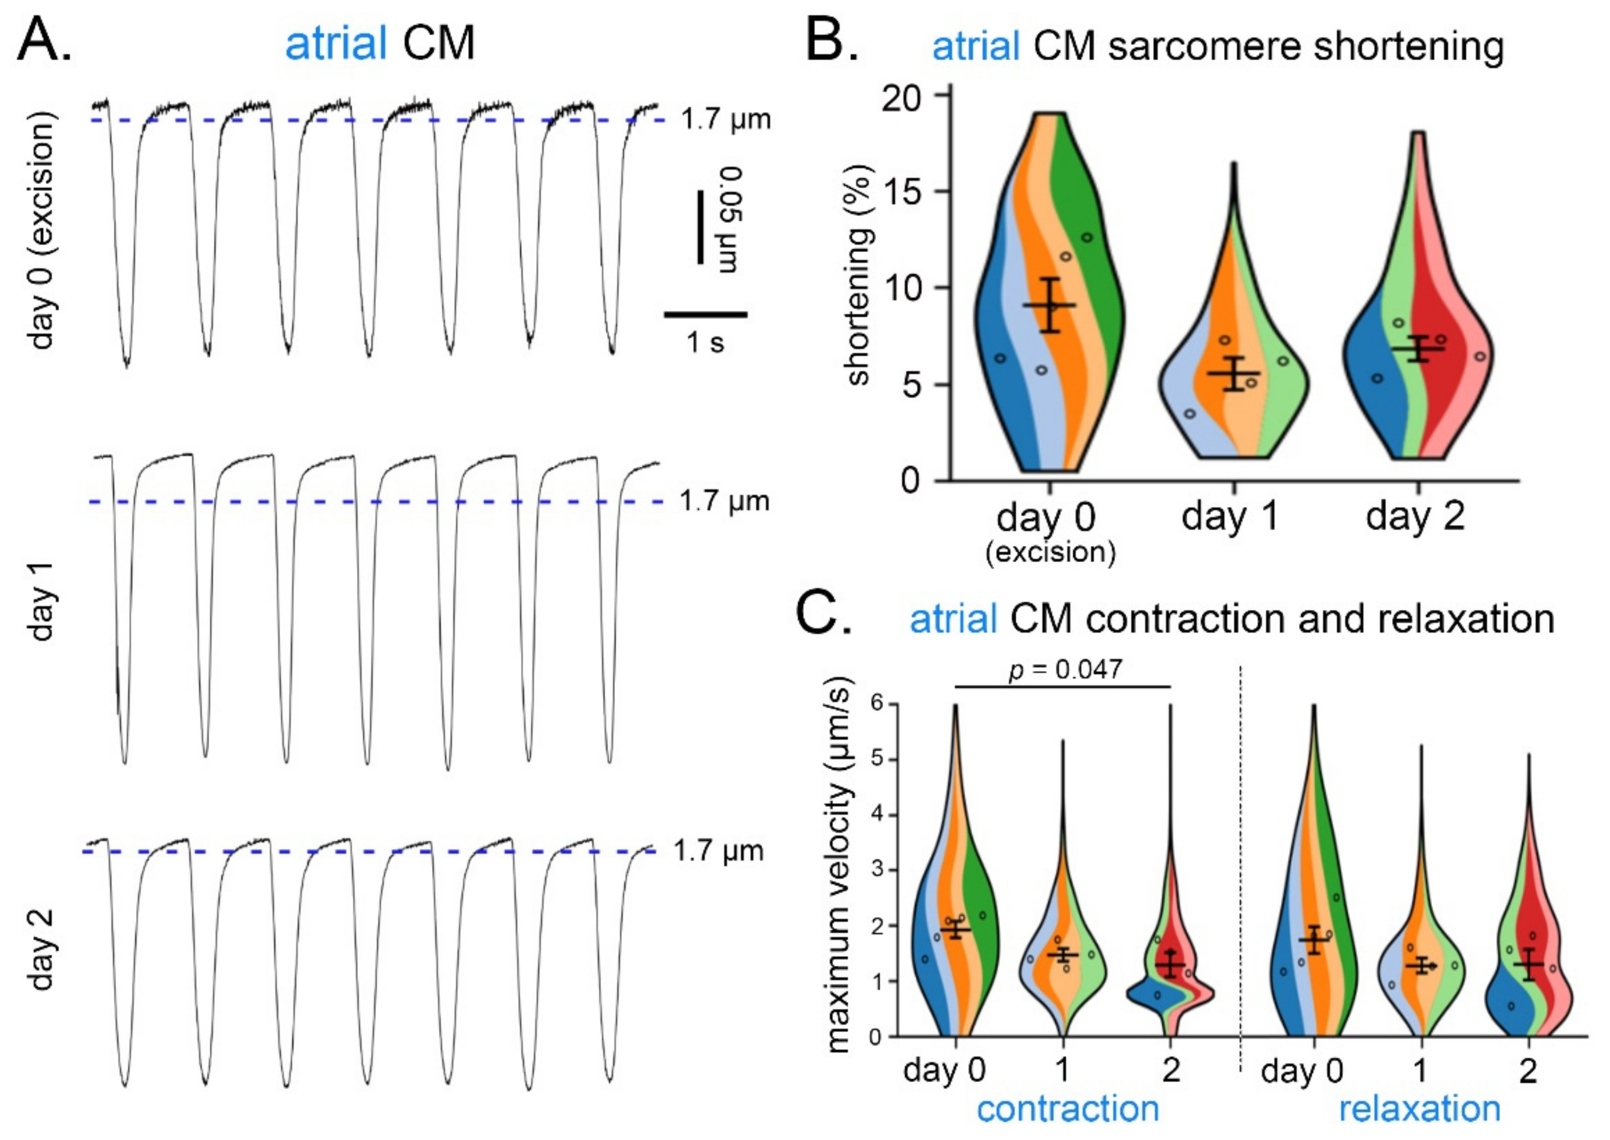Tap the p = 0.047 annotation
pos(1065,669)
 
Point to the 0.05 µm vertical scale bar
pos(700,226)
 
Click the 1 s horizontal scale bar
pos(705,314)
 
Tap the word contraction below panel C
pos(1067,1109)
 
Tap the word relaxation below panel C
pos(1420,1109)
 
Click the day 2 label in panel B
pos(1415,517)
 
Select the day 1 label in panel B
pos(1231,517)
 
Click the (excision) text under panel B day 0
pos(1050,553)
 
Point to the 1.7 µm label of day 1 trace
pos(724,501)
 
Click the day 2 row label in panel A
pos(43,949)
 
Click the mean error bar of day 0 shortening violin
pos(1049,305)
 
